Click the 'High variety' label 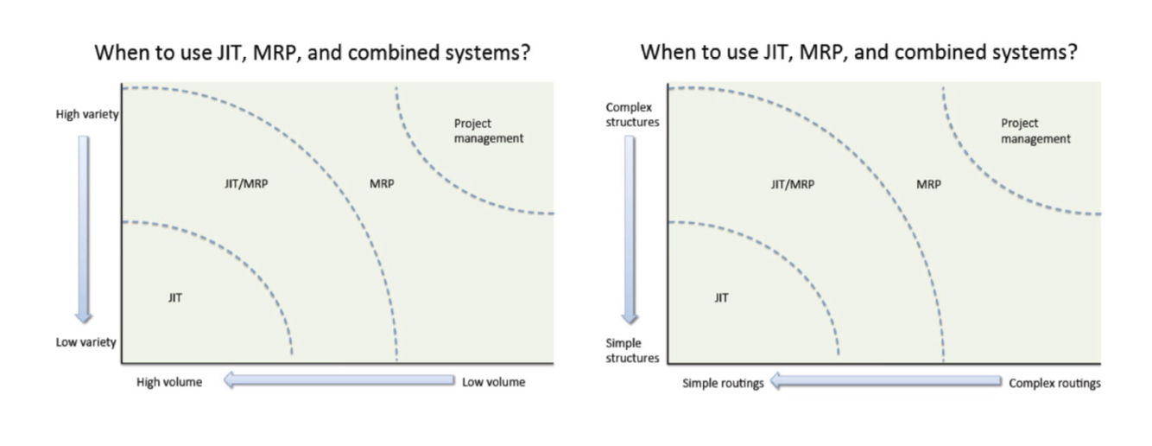(x=87, y=114)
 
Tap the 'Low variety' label (x=86, y=342)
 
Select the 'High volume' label (x=169, y=381)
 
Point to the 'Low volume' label (x=493, y=381)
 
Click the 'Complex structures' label (x=632, y=114)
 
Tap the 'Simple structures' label (x=632, y=350)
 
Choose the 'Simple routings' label (x=723, y=383)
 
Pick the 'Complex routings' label (x=1054, y=383)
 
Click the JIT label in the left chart (x=175, y=297)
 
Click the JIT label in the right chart (x=721, y=297)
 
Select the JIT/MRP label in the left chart (x=246, y=183)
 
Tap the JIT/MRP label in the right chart (x=792, y=183)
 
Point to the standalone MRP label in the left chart (x=382, y=183)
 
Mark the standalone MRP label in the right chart (x=928, y=183)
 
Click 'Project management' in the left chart (x=489, y=131)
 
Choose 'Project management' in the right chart (x=1035, y=131)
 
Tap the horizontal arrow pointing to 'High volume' (x=339, y=380)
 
